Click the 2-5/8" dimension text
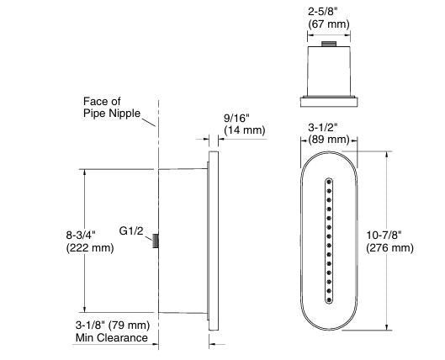point(323,12)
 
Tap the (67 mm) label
point(329,24)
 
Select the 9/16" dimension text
point(236,118)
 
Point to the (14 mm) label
point(245,130)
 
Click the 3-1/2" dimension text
point(323,128)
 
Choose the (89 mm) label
point(329,140)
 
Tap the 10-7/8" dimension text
point(384,236)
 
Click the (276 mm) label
point(390,248)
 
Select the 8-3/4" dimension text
point(81,236)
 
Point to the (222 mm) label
point(90,248)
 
